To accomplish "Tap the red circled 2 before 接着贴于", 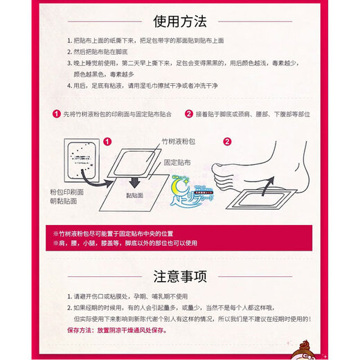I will pyautogui.click(x=188, y=114).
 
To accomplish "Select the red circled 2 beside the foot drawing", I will pyautogui.click(x=226, y=140).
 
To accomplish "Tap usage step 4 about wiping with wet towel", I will pyautogui.click(x=159, y=87).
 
